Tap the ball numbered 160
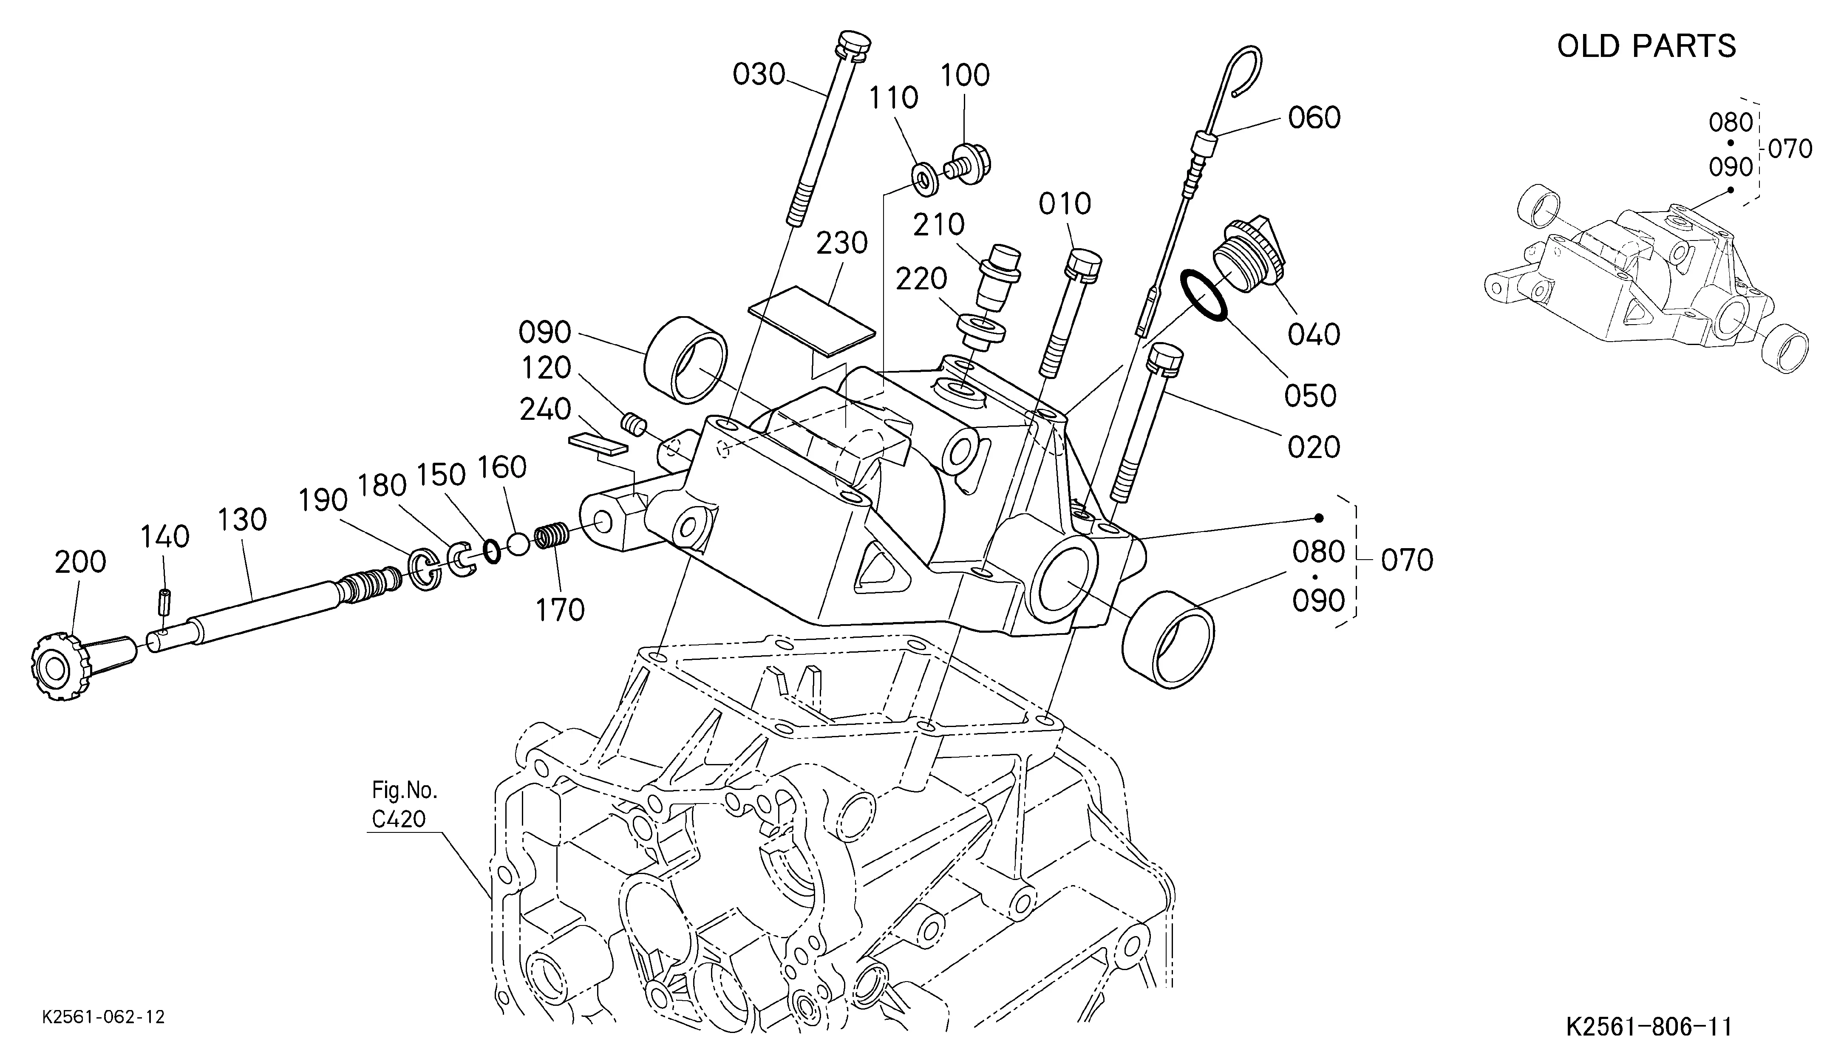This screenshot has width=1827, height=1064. [518, 544]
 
